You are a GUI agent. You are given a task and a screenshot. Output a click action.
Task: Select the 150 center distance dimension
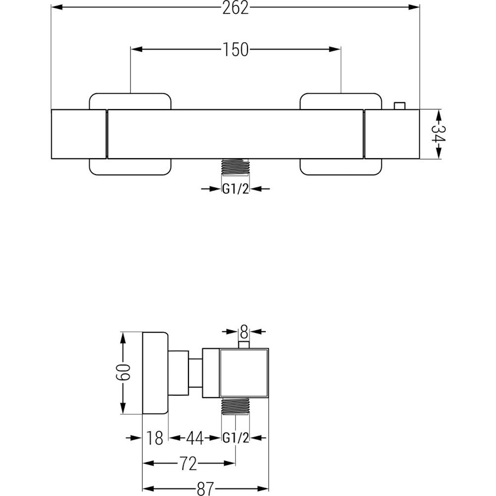(235, 49)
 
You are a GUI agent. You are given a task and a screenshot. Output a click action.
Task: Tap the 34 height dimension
(438, 134)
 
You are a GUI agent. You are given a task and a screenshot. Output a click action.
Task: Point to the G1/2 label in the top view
(236, 189)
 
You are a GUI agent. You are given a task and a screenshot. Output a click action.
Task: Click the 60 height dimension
(123, 372)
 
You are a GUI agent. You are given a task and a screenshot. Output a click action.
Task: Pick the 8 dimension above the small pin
(244, 332)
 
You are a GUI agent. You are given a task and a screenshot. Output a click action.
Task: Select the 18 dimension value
(155, 438)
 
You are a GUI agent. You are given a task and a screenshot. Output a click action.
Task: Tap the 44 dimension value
(195, 438)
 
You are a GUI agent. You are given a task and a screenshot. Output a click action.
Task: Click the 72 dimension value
(188, 463)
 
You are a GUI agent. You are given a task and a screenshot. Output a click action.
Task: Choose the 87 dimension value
(205, 489)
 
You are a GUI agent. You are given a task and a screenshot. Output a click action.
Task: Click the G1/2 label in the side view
(236, 438)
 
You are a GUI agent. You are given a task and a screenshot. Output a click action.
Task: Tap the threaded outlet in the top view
(236, 166)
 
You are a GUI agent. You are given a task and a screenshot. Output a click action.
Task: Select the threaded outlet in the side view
(236, 406)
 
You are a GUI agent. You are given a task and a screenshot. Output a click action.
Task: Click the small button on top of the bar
(399, 106)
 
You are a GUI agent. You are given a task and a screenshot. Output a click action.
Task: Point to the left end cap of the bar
(78, 134)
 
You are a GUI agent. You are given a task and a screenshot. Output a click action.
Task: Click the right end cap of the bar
(392, 134)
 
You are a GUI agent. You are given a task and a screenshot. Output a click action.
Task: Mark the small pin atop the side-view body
(244, 345)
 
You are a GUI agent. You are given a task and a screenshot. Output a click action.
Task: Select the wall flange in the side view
(155, 373)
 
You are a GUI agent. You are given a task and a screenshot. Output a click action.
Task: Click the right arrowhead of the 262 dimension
(414, 7)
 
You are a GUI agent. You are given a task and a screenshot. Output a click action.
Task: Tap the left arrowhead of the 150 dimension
(136, 49)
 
